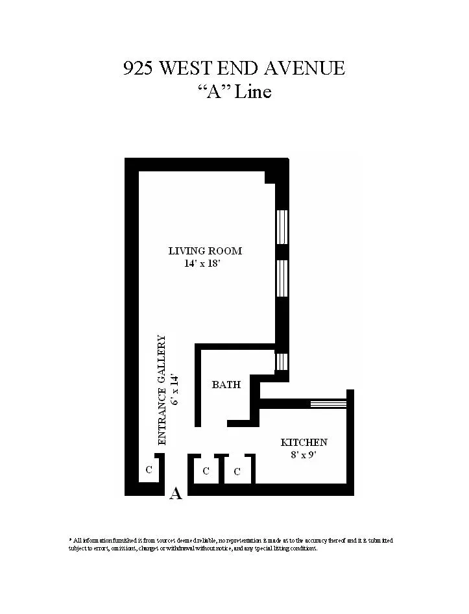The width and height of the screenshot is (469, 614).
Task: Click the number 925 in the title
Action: coord(138,68)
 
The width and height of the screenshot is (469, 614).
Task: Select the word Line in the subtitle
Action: coord(252,92)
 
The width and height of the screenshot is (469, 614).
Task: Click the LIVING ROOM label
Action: coord(205,251)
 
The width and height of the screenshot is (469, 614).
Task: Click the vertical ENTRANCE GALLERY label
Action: coord(162,389)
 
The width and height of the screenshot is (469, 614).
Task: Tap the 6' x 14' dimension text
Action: coord(174,389)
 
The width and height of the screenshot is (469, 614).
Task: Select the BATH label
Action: coord(226,385)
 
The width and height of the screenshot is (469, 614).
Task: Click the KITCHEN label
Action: coord(304,443)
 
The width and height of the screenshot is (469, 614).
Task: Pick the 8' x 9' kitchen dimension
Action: coord(304,455)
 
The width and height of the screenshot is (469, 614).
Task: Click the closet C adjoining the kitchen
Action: coord(237,472)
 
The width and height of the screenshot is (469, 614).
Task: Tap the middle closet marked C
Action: coord(206,471)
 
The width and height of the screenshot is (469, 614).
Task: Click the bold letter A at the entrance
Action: coord(175,494)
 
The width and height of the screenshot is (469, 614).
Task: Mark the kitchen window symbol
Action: coord(328,404)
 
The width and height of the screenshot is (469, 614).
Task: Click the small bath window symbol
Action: coord(282,362)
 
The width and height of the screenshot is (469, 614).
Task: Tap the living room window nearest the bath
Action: coord(282,278)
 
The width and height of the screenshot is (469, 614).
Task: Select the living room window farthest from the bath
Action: coord(282,227)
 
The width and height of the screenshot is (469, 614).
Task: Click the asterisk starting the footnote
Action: coord(70,539)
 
